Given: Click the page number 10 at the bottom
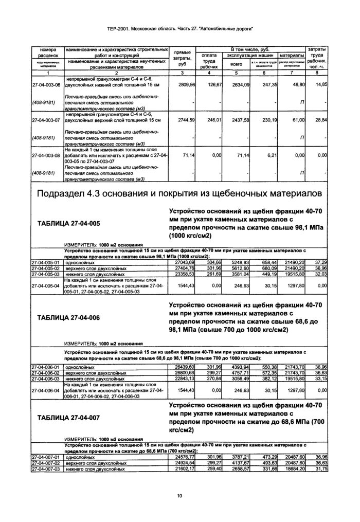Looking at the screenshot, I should [x=179, y=495].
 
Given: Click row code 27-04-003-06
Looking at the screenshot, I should [x=46, y=84].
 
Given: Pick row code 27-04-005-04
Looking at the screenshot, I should [x=46, y=285].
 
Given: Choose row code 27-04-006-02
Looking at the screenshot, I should [x=46, y=372].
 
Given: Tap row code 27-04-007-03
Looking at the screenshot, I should [x=46, y=469].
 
